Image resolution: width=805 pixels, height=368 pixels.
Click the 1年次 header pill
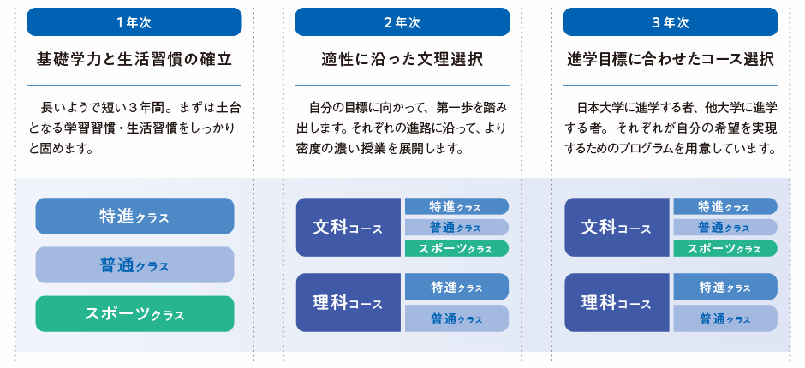134,22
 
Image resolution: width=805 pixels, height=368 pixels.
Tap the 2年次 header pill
402,22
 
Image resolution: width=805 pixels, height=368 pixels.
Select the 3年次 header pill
671,22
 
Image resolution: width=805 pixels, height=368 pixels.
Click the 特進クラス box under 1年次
134,216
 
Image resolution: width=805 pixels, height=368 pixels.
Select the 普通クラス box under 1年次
134,264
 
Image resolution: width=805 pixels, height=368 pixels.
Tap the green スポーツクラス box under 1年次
134,313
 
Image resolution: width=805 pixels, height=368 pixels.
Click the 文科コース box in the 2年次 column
348,228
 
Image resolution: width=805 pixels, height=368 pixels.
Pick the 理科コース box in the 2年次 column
348,302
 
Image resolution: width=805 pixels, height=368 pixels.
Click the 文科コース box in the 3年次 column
617,228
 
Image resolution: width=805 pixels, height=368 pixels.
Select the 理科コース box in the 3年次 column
617,302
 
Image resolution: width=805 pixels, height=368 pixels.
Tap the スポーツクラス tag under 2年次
457,248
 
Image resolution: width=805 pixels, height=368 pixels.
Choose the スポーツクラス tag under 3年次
725,248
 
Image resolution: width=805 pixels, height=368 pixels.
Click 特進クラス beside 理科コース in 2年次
457,287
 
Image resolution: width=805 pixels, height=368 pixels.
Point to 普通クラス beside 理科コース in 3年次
725,318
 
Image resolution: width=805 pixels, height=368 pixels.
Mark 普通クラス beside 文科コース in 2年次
457,228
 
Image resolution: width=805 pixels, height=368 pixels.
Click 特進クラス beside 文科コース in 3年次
725,206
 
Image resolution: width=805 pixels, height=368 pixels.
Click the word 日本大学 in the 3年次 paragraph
602,109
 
